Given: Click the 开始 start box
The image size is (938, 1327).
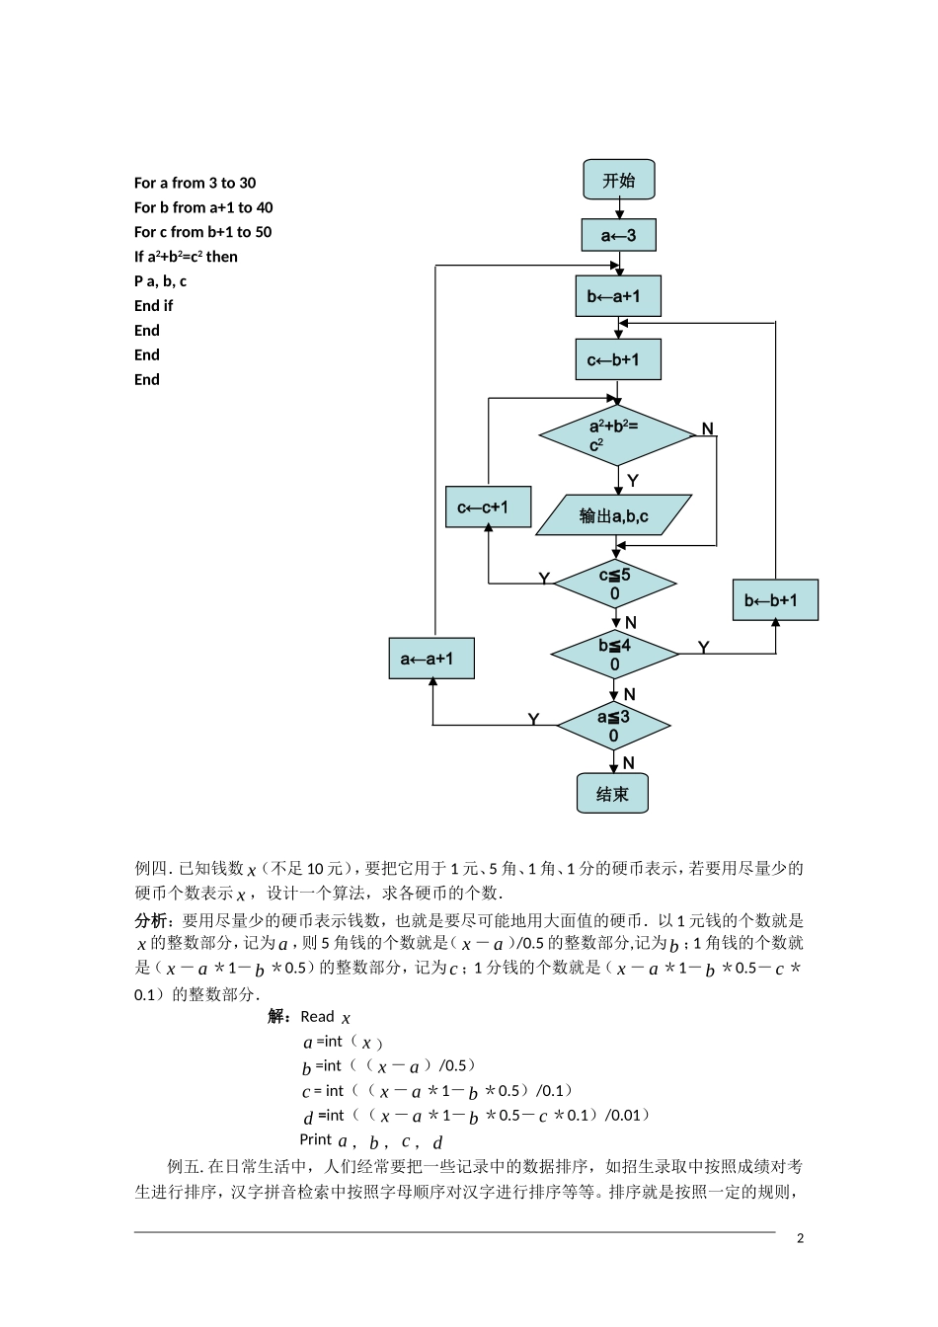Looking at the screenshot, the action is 619,179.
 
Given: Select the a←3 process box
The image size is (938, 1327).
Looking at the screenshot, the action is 619,235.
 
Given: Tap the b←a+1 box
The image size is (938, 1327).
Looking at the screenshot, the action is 618,295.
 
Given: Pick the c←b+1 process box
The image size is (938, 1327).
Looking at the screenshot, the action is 618,359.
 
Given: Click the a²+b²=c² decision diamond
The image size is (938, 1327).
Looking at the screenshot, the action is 617,435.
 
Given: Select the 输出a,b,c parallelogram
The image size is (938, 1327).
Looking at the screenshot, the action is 614,514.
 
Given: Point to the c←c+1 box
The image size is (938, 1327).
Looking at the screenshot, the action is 489,507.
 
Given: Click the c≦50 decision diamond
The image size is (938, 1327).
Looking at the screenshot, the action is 615,584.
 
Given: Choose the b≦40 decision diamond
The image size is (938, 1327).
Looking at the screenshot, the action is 614,654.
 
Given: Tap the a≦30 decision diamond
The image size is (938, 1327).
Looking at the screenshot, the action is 614,725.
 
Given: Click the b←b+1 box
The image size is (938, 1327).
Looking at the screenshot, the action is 775,600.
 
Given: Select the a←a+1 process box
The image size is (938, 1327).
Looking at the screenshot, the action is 431,659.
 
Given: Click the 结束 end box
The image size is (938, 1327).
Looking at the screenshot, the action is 612,793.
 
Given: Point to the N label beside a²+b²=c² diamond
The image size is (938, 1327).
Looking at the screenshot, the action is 708,429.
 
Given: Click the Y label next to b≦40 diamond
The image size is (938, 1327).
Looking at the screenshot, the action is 703,648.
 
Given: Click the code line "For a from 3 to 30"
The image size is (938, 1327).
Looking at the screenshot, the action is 195,183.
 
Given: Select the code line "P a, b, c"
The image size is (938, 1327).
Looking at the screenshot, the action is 160,281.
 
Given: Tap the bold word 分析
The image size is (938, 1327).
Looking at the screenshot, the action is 150,920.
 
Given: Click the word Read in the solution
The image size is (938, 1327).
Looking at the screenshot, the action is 317,1017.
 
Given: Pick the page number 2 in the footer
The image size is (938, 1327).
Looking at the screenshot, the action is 800,1238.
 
